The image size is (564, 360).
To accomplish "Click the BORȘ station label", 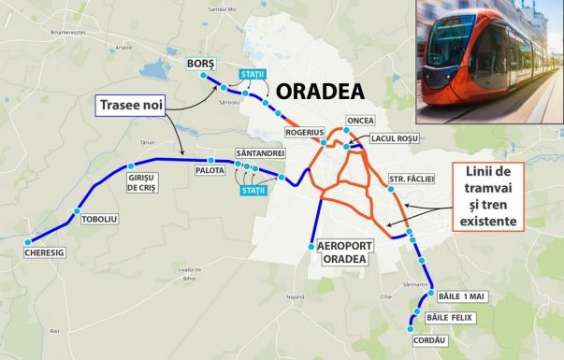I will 201,63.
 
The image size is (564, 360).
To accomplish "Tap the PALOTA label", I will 210,171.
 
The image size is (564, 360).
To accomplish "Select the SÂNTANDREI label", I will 260,152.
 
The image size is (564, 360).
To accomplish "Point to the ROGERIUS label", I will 305,133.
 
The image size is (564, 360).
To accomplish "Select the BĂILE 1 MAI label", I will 462,296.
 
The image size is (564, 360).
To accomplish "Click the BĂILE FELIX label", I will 450,318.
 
